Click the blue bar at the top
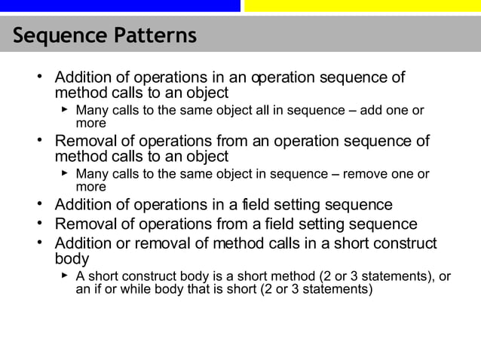[x=120, y=5]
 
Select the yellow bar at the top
[x=363, y=5]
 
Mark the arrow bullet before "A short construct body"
[x=65, y=276]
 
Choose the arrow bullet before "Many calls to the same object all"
[x=65, y=111]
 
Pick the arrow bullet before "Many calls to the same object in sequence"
[x=65, y=174]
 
